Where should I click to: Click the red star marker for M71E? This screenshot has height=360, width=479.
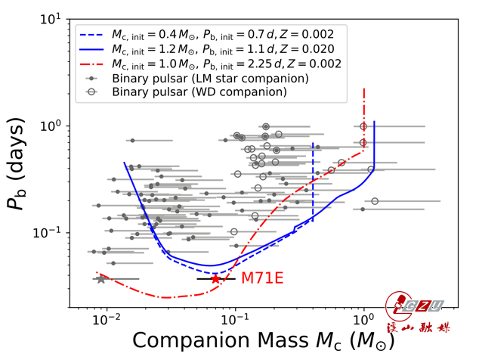(216, 278)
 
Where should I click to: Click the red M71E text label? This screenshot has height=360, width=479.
(262, 278)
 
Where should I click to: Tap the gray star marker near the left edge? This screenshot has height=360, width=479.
(101, 278)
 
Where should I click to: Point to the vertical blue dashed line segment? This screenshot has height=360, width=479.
(313, 182)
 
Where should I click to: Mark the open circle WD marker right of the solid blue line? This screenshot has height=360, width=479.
(375, 201)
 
